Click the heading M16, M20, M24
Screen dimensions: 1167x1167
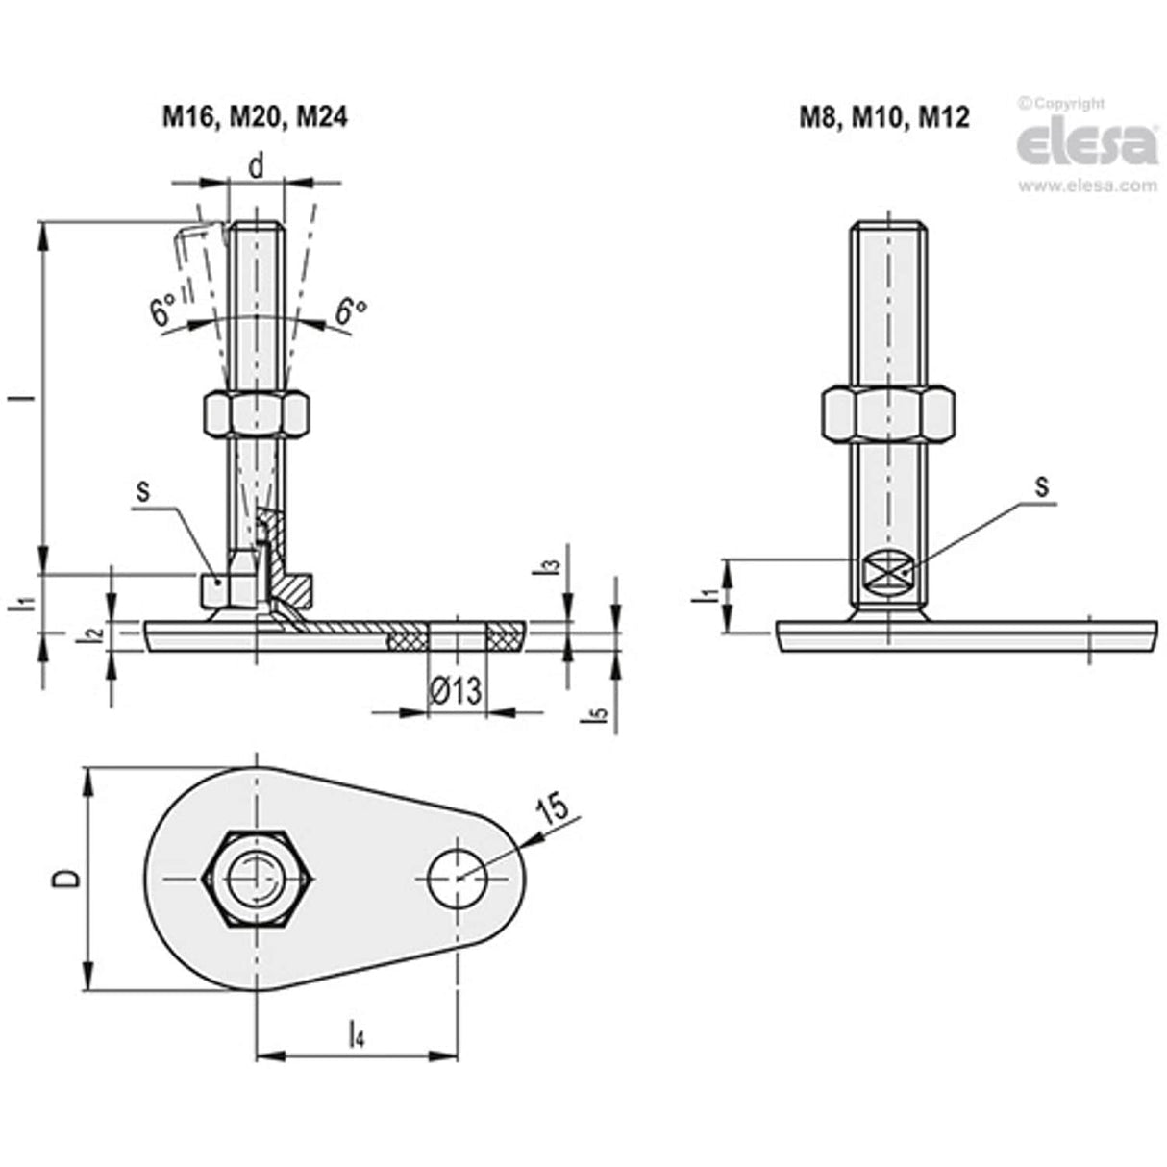253,116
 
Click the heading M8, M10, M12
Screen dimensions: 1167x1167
885,116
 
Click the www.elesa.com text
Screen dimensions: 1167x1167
1087,186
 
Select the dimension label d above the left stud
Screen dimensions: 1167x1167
256,166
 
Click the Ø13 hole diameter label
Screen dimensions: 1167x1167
456,689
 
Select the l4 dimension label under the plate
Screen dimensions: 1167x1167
355,1035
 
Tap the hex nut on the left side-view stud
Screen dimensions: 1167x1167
256,414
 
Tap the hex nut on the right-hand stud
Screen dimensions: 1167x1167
888,412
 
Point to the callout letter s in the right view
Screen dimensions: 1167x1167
1040,486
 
